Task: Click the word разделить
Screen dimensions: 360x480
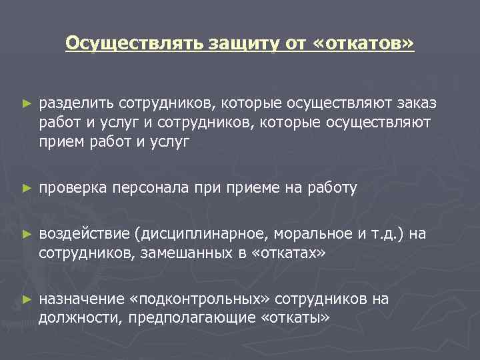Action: (76, 104)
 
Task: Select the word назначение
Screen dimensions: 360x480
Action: (81, 299)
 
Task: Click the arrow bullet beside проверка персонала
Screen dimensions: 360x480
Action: (26, 189)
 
